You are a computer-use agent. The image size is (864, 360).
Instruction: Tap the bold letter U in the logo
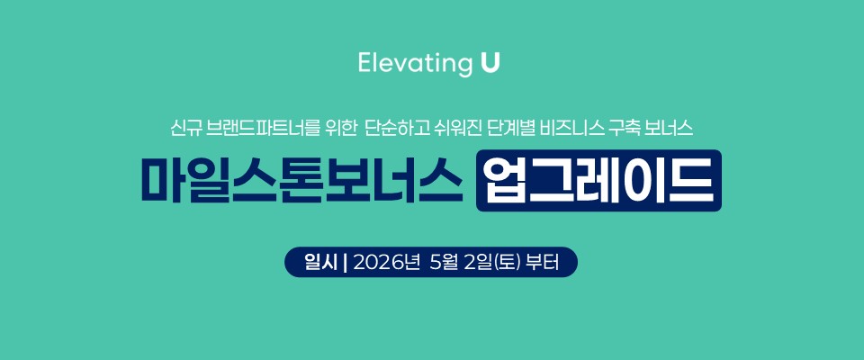coord(490,62)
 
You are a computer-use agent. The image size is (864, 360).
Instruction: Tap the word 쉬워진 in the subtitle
coord(446,129)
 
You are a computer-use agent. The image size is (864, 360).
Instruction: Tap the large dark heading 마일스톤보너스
coord(301,180)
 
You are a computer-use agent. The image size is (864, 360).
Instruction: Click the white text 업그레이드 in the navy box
coord(599,180)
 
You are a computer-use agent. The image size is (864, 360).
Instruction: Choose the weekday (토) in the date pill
coord(508,262)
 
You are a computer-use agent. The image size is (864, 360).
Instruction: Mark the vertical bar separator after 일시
coord(345,262)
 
